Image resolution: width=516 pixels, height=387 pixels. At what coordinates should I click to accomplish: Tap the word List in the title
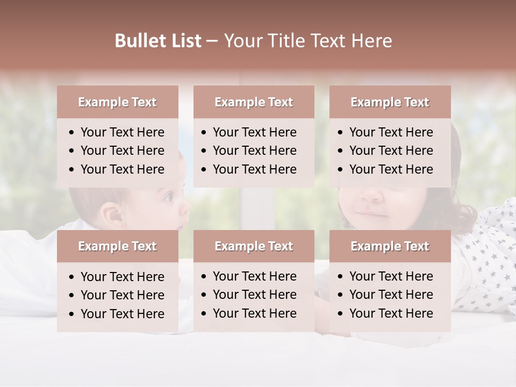click(184, 41)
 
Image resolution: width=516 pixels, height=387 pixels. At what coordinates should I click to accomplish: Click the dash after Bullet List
click(212, 41)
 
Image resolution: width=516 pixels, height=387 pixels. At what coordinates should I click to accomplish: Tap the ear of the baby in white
click(113, 215)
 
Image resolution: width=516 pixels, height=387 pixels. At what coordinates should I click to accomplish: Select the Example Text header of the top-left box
click(117, 102)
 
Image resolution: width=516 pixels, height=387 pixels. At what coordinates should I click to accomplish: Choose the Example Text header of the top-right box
click(390, 102)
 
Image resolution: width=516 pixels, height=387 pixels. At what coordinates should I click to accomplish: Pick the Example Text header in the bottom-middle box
click(254, 246)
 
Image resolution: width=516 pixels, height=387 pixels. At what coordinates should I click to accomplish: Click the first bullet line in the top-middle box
click(254, 132)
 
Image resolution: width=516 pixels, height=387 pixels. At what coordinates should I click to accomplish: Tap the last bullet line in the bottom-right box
click(391, 313)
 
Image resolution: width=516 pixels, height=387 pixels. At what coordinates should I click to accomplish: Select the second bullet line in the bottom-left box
click(122, 295)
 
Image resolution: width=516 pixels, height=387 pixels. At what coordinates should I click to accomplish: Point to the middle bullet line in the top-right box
click(391, 150)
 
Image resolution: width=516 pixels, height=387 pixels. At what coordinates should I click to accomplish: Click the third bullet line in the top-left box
click(122, 169)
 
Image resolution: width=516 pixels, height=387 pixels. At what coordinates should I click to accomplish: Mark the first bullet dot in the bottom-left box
click(72, 277)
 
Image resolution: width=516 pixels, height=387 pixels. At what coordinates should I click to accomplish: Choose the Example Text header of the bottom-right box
click(390, 246)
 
